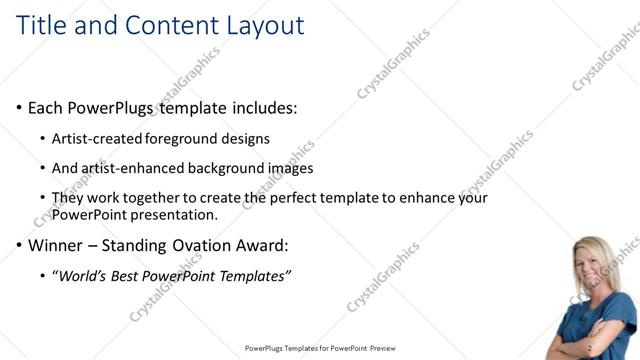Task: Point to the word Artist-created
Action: (x=96, y=138)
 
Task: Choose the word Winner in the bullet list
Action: (x=59, y=244)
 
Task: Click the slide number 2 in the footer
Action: (x=591, y=348)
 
